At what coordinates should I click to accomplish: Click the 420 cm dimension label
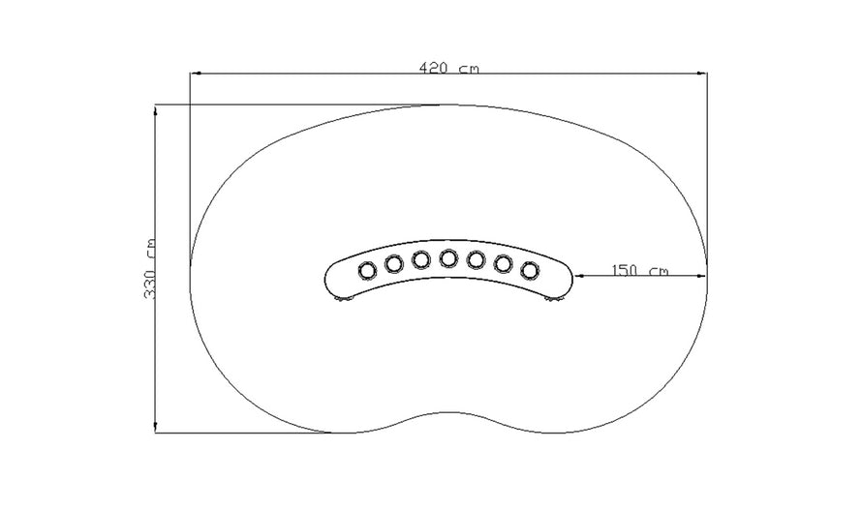[x=448, y=69]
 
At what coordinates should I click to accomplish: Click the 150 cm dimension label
[x=640, y=270]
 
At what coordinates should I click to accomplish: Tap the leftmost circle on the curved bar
[x=368, y=269]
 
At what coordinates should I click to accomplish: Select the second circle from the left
[x=394, y=262]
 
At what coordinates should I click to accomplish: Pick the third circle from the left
[x=421, y=259]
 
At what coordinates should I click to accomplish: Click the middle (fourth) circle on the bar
[x=448, y=258]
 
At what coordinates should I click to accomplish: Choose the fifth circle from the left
[x=476, y=259]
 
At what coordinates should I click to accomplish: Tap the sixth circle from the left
[x=503, y=262]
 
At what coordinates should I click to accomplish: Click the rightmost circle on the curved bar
[x=529, y=269]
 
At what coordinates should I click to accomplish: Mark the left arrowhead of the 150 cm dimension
[x=580, y=276]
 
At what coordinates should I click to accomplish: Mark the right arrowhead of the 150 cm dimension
[x=702, y=276]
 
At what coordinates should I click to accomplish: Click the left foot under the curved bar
[x=343, y=305]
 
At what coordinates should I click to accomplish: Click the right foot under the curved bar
[x=554, y=305]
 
